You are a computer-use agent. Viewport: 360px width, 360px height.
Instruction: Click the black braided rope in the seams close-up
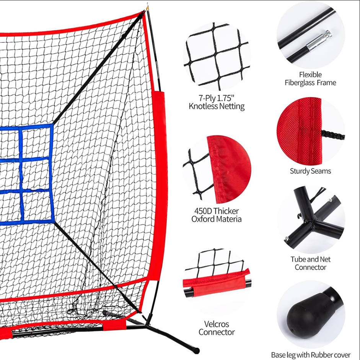[333, 135]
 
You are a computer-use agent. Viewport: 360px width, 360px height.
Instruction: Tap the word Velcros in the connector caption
[217, 324]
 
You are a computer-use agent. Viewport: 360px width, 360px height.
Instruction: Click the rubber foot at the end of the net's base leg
[196, 350]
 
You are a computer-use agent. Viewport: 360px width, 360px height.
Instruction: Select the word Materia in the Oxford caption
[230, 219]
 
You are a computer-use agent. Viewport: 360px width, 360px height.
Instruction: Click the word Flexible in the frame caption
[310, 75]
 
